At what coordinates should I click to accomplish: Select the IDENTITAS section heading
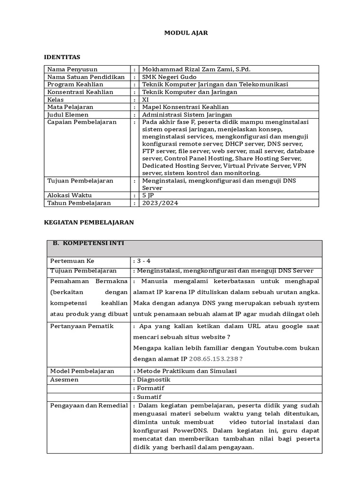pyautogui.click(x=62, y=57)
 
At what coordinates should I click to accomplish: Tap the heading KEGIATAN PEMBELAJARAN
pyautogui.click(x=89, y=222)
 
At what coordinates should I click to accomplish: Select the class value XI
pyautogui.click(x=146, y=100)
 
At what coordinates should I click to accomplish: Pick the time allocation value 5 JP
pyautogui.click(x=147, y=195)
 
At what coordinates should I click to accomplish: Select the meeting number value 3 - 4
pyautogui.click(x=143, y=261)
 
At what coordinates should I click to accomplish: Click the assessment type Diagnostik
pyautogui.click(x=153, y=380)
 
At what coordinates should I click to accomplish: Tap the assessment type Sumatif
pyautogui.click(x=149, y=397)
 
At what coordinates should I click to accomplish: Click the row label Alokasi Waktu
pyautogui.click(x=69, y=195)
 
